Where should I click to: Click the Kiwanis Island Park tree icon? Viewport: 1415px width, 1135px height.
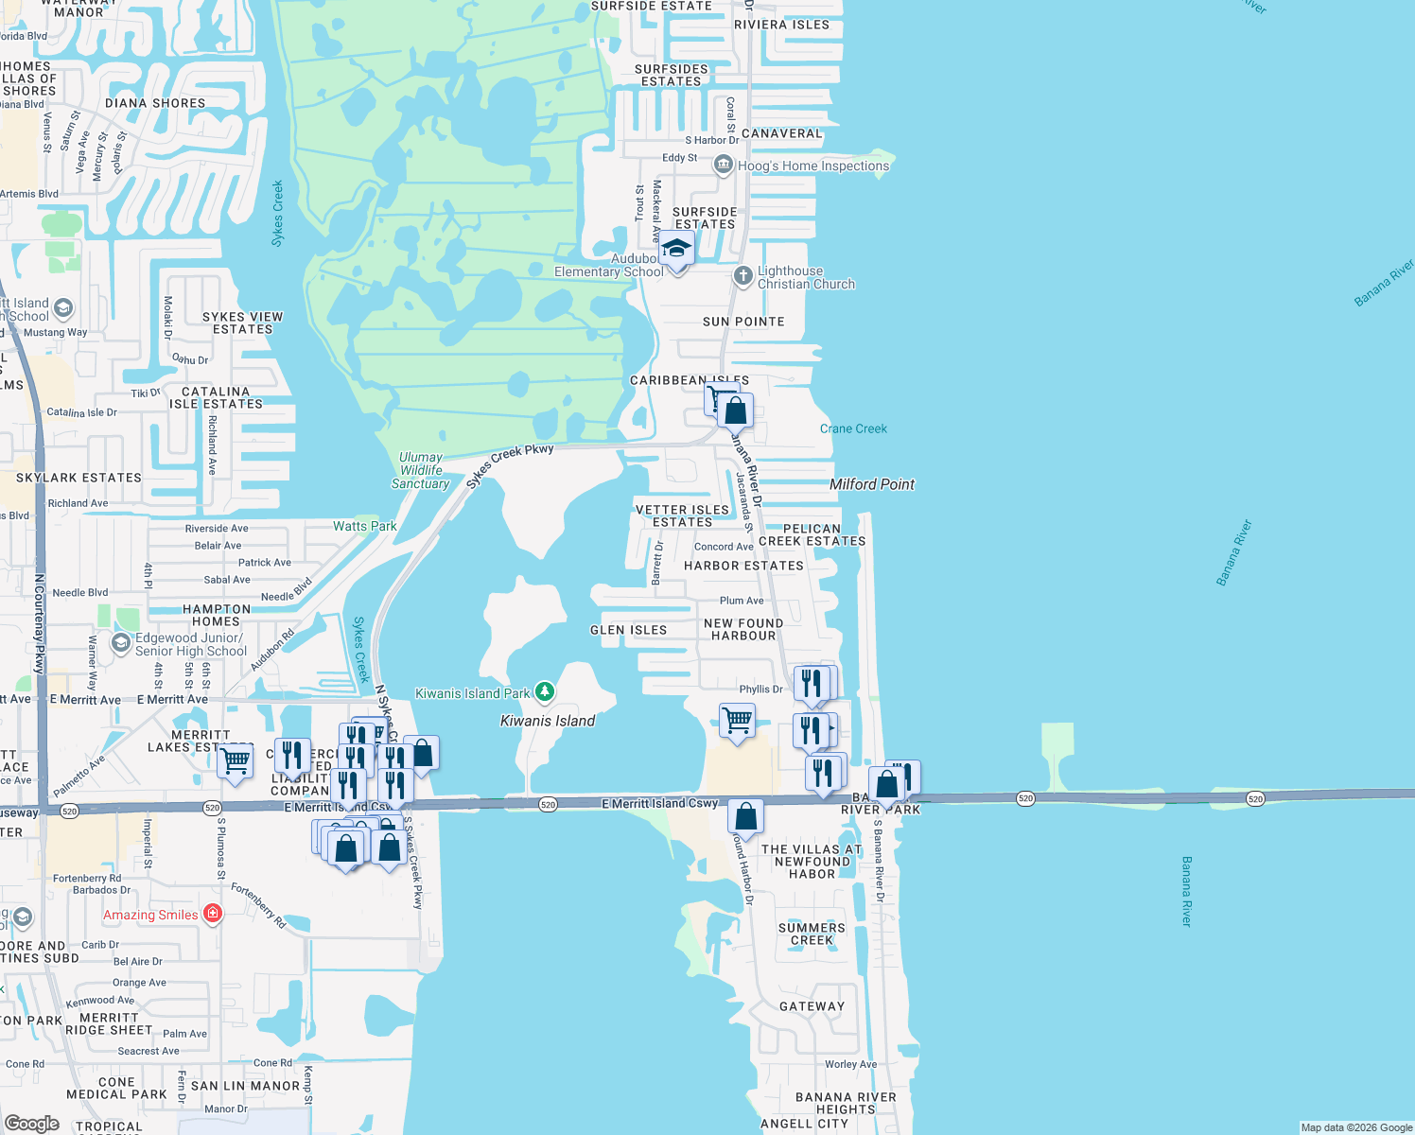pyautogui.click(x=544, y=692)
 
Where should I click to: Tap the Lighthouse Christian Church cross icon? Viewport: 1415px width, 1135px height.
pyautogui.click(x=743, y=276)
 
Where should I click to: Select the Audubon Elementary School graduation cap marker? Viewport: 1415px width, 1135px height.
pyautogui.click(x=676, y=249)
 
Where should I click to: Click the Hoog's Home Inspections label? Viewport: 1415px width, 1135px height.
pyautogui.click(x=812, y=166)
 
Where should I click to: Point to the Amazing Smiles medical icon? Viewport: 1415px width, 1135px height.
pyautogui.click(x=213, y=914)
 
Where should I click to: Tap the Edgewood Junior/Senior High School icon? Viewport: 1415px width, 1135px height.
pyautogui.click(x=120, y=643)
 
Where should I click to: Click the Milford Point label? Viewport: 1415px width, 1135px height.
pyautogui.click(x=872, y=484)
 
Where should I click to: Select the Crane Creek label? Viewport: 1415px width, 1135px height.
pyautogui.click(x=853, y=428)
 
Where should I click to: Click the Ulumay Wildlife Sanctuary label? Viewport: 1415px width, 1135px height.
pyautogui.click(x=421, y=470)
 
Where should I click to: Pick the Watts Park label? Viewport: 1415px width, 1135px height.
pyautogui.click(x=365, y=526)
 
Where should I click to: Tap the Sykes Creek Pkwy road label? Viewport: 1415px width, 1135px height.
pyautogui.click(x=510, y=465)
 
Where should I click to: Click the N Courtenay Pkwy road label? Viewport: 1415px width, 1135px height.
pyautogui.click(x=40, y=624)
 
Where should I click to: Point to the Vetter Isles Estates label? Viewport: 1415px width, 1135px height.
pyautogui.click(x=682, y=515)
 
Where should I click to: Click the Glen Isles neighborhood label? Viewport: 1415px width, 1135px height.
pyautogui.click(x=629, y=630)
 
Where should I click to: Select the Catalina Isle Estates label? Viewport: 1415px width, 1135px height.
pyautogui.click(x=216, y=397)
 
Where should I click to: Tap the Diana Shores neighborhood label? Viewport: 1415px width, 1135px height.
pyautogui.click(x=155, y=103)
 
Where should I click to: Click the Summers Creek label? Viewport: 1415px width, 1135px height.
pyautogui.click(x=812, y=934)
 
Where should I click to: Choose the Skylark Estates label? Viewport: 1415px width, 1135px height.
pyautogui.click(x=79, y=478)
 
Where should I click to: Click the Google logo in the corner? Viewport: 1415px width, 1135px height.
pyautogui.click(x=32, y=1123)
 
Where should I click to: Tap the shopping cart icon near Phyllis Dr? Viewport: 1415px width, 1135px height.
pyautogui.click(x=738, y=721)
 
